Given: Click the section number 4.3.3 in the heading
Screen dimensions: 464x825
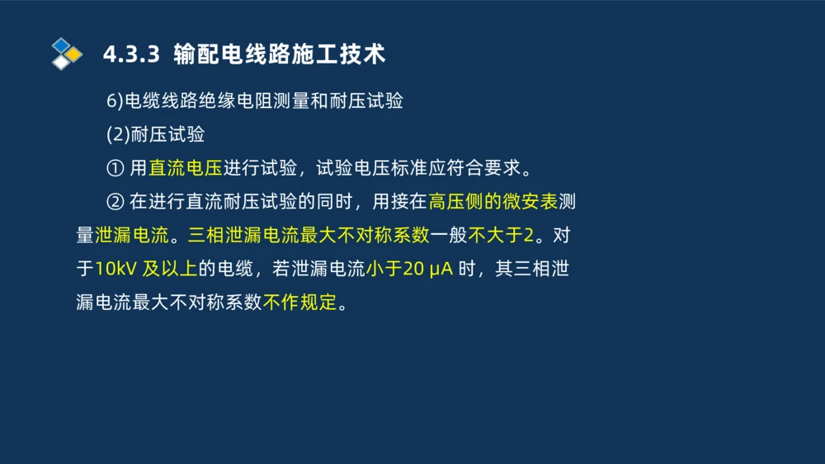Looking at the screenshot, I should coord(130,54).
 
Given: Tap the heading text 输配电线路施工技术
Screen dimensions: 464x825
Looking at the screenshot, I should coord(280,54).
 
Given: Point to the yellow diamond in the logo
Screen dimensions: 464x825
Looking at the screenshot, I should coord(73,54).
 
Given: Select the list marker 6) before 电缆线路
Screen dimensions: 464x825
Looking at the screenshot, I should coord(115,101).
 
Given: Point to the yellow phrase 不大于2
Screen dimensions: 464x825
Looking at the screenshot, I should coord(501,236).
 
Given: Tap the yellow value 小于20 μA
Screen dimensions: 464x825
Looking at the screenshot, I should coord(410,269).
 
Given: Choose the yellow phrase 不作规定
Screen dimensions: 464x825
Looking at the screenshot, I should coord(300,302).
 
